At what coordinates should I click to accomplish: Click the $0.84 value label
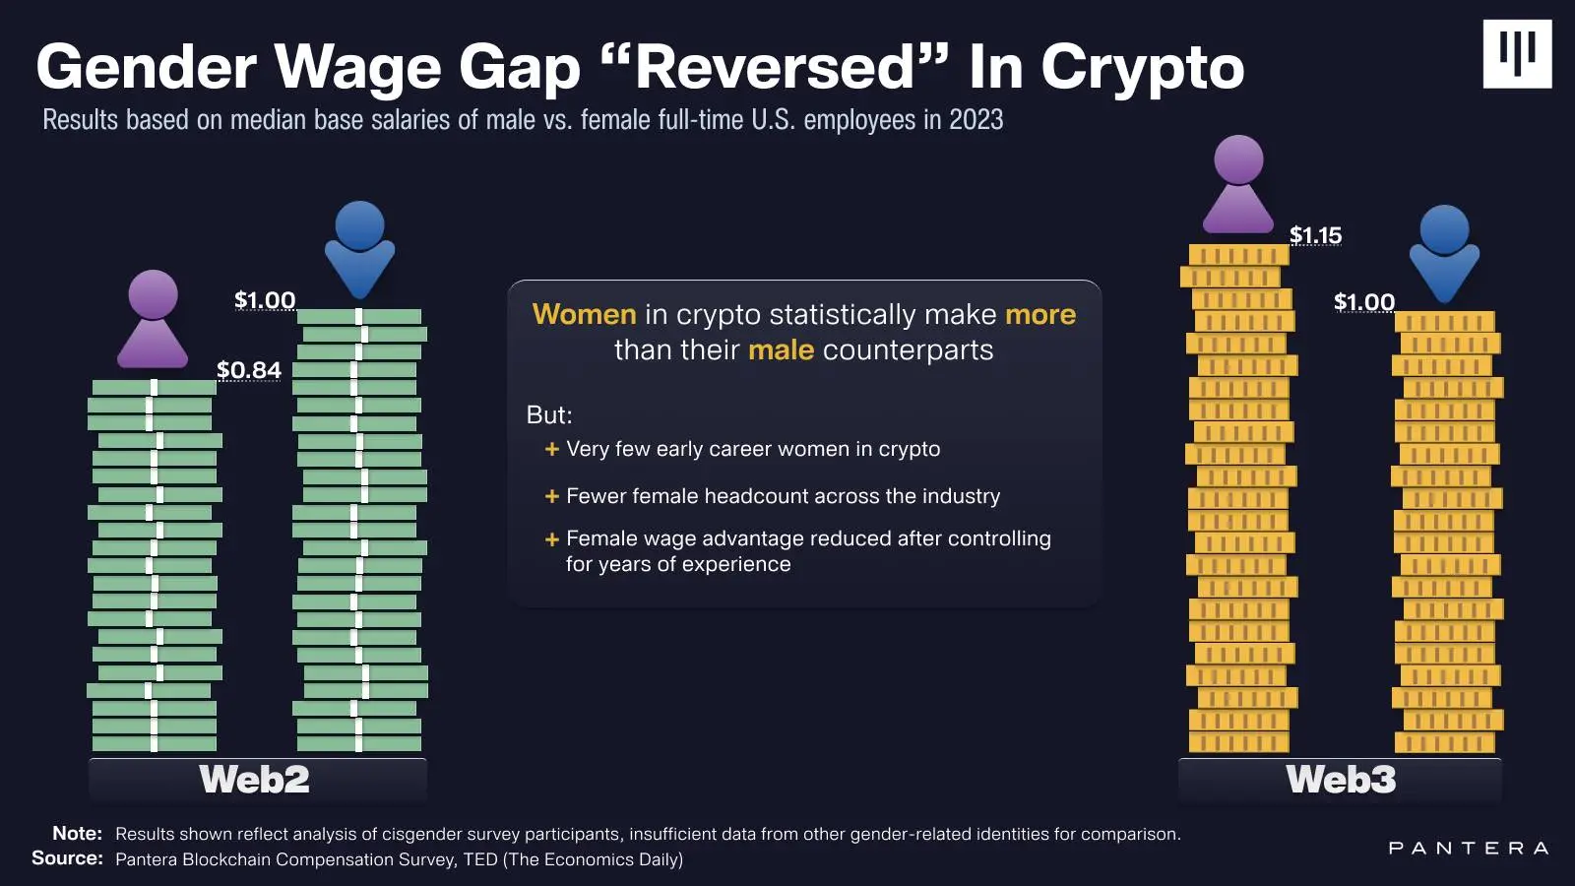249,370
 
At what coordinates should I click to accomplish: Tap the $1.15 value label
1315,235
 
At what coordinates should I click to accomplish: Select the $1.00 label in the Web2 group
265,300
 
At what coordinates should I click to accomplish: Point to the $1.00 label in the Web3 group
1364,302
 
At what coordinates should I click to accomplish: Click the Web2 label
254,780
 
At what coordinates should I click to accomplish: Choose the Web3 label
1341,780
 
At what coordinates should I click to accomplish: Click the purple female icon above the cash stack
153,319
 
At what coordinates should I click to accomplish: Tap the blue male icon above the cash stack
359,249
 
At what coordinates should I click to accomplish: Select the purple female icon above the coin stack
1238,184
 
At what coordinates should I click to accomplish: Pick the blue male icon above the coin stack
1444,253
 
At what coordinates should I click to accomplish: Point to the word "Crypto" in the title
1142,67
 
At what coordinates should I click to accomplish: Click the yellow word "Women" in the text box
585,314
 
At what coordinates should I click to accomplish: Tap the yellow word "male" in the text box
781,349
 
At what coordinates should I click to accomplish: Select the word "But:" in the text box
549,414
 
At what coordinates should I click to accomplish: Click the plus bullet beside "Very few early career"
552,449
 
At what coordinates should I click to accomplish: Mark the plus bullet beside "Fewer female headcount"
552,496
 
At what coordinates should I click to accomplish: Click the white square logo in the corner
1517,54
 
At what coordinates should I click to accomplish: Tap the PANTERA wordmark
1469,848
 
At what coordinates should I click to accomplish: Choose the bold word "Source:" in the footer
67,858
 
